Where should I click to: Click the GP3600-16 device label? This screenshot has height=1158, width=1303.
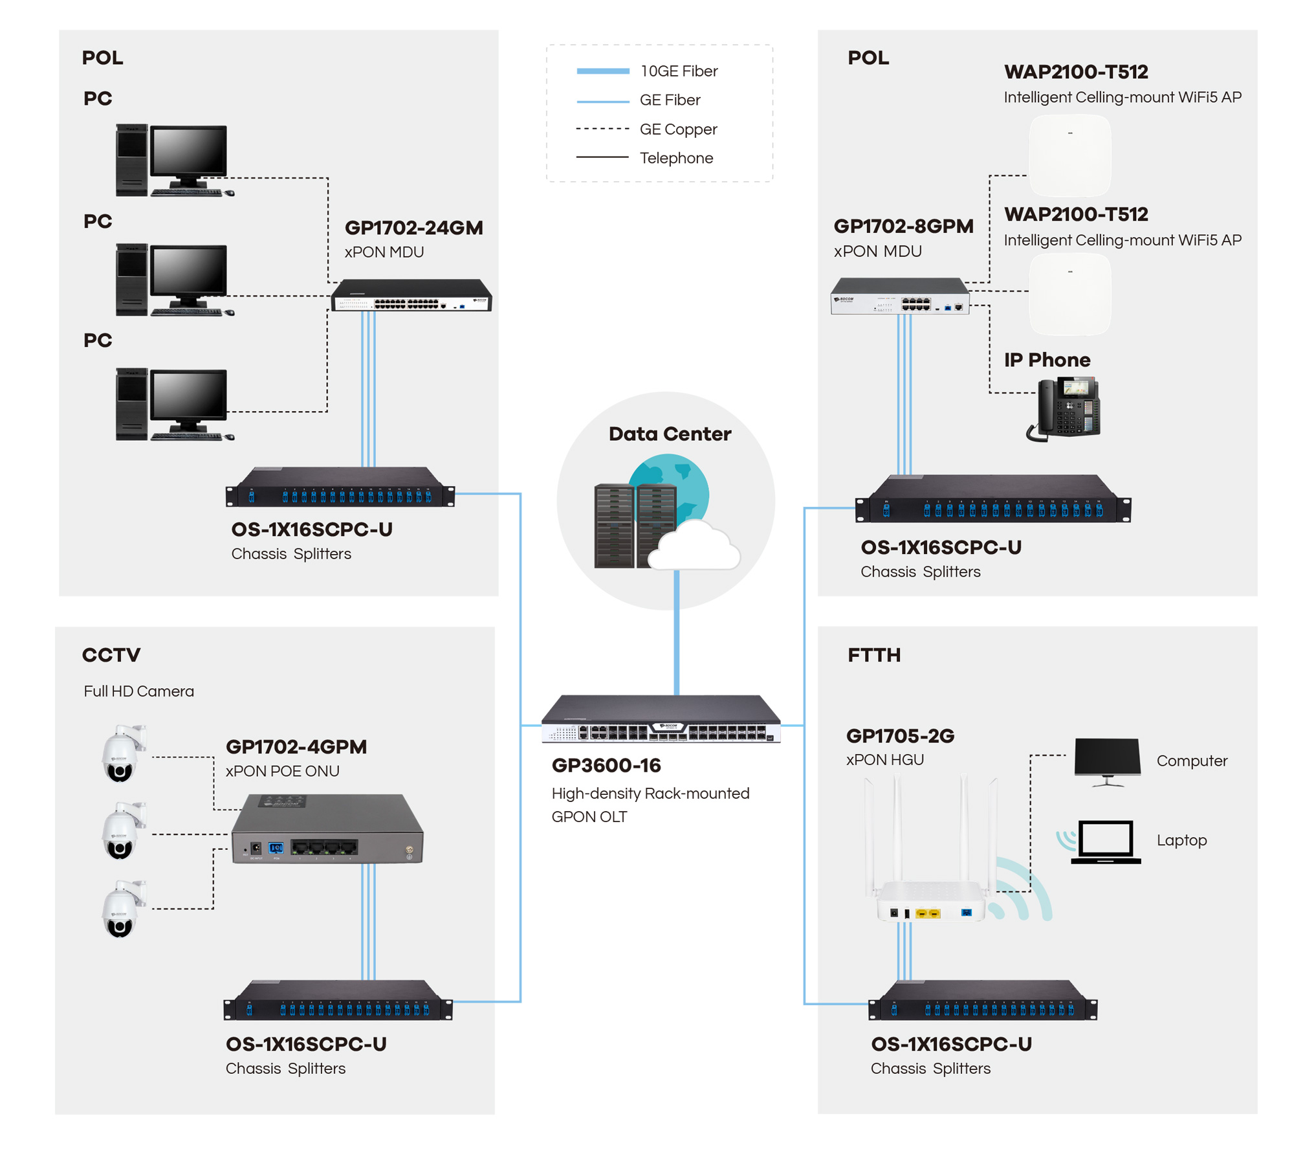coord(606,766)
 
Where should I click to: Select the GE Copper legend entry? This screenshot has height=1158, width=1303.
coord(646,129)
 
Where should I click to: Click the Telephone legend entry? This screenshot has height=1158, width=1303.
coord(644,158)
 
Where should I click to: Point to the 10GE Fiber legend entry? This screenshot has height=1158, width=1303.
coord(647,71)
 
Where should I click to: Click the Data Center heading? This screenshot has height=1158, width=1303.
coord(670,434)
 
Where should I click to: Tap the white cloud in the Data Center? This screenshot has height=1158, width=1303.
coord(694,545)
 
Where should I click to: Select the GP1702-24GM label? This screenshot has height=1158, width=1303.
coord(413,228)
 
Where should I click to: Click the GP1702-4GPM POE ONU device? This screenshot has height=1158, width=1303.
coord(327,829)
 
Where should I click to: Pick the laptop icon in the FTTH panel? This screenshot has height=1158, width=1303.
coord(1105,841)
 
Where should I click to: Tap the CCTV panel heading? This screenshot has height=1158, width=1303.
coord(111,655)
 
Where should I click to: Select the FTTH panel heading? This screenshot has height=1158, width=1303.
coord(873,655)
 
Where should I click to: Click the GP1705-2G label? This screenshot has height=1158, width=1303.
coord(900,736)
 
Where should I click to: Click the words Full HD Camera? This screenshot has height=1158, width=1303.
coord(138,691)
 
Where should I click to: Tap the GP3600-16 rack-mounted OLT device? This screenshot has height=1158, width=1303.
coord(661,718)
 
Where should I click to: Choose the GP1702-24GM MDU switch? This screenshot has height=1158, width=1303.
coord(411,296)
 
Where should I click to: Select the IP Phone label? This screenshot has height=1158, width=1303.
coord(1047,360)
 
